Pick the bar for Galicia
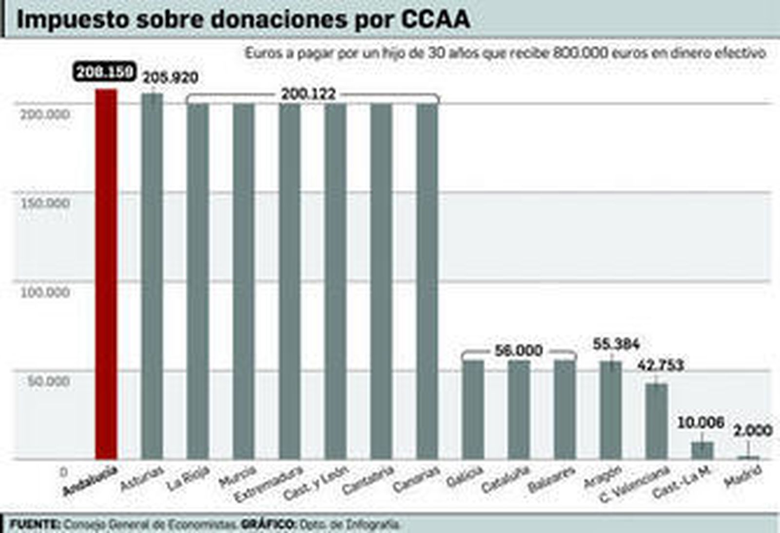tap(473, 409)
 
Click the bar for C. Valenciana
tap(656, 421)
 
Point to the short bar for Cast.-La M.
tap(702, 450)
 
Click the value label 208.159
tap(104, 72)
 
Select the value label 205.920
tap(170, 77)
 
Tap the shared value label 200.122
tap(308, 94)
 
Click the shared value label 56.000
tap(518, 350)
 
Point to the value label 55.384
tap(616, 344)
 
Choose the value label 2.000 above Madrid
tap(753, 430)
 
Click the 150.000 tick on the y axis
tap(45, 203)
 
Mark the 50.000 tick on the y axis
tap(48, 381)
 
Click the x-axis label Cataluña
tap(505, 479)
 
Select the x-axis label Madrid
tap(743, 476)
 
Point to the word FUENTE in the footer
tap(34, 525)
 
